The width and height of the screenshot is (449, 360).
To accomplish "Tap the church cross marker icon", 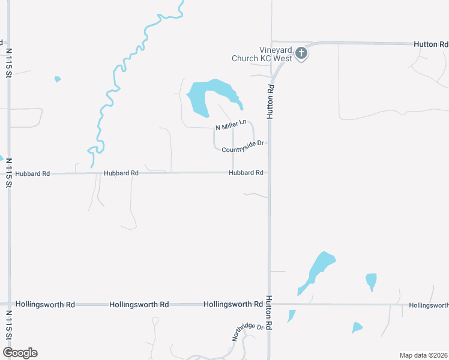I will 301,54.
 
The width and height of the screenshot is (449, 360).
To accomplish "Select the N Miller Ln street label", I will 231,125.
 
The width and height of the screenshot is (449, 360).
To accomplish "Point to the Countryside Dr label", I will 243,146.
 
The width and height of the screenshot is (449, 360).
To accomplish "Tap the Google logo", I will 20,353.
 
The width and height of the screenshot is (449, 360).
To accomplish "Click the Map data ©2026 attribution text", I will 423,355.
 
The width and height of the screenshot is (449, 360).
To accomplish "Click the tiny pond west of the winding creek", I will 58,79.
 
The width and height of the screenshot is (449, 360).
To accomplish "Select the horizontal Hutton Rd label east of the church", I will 430,44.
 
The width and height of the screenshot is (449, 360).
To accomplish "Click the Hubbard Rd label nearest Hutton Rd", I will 246,173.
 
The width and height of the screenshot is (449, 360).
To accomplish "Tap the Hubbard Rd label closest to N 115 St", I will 32,173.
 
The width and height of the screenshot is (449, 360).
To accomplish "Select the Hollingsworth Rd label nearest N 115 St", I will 45,305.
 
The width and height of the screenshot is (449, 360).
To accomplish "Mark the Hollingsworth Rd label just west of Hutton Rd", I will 233,304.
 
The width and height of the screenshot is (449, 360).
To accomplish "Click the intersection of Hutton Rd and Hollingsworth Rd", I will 268,304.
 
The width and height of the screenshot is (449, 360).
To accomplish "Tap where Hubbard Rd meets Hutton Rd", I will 268,173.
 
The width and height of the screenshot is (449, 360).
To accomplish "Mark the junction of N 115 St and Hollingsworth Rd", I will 8,304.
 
